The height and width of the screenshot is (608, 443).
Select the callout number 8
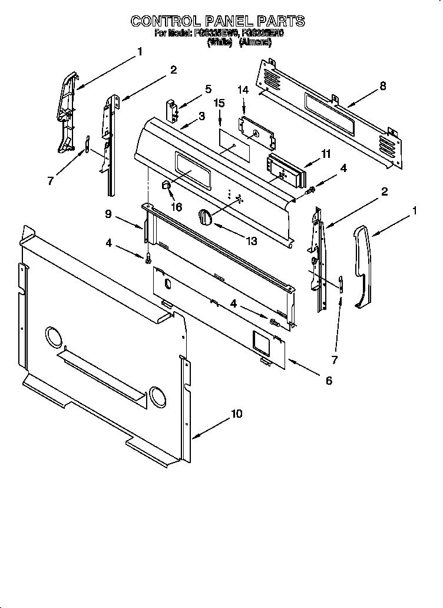tap(383, 86)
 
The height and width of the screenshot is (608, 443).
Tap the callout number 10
tap(236, 414)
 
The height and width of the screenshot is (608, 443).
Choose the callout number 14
tap(243, 90)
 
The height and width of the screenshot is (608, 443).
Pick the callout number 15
tap(219, 103)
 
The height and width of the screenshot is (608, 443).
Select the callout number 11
tap(326, 154)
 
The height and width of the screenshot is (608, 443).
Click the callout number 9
tap(108, 214)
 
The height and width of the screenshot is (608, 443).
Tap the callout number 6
tap(328, 381)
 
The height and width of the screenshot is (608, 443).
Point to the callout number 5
tap(208, 89)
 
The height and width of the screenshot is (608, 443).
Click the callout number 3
tap(201, 116)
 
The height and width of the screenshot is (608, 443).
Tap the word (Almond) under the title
tap(255, 42)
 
